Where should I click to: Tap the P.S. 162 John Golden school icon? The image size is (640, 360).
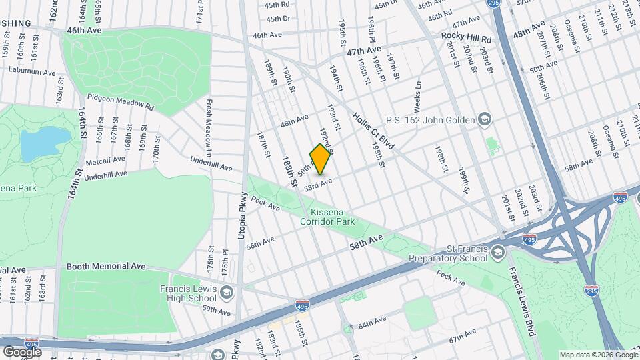pyautogui.click(x=486, y=120)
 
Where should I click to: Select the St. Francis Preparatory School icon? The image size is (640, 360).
pyautogui.click(x=497, y=252)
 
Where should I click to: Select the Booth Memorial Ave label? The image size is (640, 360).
pyautogui.click(x=106, y=266)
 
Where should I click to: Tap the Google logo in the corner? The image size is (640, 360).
pyautogui.click(x=22, y=351)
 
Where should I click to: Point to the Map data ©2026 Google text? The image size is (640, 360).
pyautogui.click(x=598, y=355)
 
